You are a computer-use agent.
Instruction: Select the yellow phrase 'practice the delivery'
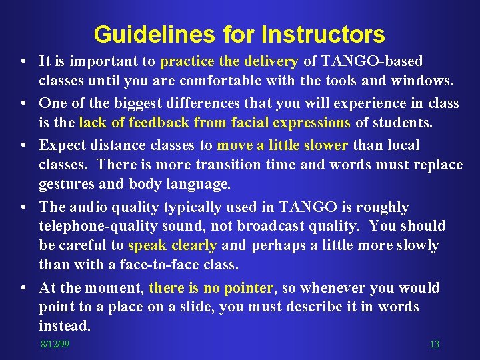[229, 62]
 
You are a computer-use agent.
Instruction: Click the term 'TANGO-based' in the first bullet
[371, 62]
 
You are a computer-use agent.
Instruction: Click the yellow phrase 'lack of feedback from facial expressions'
[214, 123]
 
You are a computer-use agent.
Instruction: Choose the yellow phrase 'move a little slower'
[283, 145]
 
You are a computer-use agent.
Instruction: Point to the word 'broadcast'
[289, 226]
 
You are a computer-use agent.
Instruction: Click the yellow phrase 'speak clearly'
[172, 245]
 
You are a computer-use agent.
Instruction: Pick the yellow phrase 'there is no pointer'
[211, 288]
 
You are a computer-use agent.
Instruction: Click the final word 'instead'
[64, 326]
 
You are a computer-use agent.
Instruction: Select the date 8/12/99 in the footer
[54, 344]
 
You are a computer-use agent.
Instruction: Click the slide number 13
[434, 344]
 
